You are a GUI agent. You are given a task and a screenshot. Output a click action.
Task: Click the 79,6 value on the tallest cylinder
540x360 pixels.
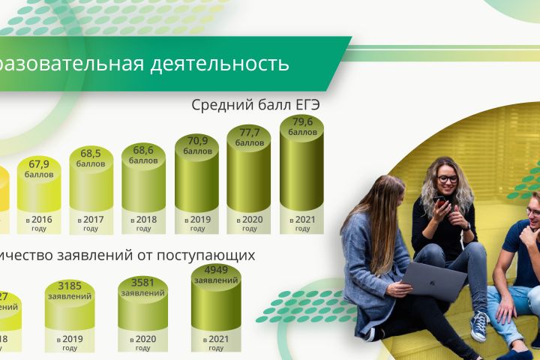302,123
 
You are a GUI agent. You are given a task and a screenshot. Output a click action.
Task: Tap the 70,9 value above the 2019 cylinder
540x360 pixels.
197,139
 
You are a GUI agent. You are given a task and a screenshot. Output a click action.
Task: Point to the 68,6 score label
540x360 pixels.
144,151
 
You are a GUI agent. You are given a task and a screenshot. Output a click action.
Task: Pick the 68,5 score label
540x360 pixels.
91,154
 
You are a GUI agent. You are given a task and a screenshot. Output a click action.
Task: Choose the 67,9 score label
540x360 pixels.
39,164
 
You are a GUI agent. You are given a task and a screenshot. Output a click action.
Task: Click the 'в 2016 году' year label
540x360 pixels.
39,223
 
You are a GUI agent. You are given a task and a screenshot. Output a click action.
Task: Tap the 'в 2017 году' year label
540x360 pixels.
91,223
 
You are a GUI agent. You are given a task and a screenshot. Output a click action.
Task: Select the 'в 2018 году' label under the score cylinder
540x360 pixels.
144,223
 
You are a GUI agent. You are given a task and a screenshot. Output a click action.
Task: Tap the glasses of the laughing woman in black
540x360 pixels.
448,178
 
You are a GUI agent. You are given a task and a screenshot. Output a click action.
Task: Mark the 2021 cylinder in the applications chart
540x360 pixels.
216,300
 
